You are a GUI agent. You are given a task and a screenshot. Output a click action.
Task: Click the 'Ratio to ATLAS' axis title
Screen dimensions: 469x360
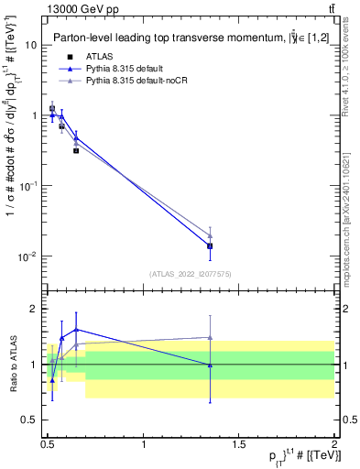[x=13, y=365]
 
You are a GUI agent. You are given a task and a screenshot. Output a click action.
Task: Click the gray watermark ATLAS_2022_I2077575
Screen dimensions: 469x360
[x=191, y=274]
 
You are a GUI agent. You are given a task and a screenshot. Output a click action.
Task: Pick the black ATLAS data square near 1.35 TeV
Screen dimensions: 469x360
[x=210, y=245]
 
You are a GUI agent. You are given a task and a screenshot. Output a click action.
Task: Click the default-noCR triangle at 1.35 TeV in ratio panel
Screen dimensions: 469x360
[x=210, y=337]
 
